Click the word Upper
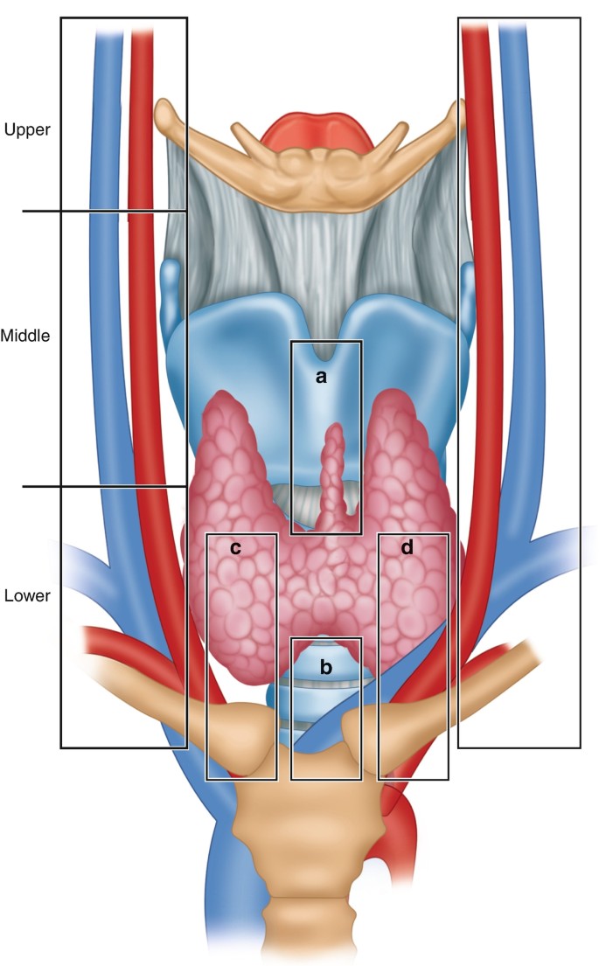(x=27, y=130)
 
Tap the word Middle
(x=26, y=335)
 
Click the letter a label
(x=321, y=377)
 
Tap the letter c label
(x=234, y=548)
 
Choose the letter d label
(x=407, y=548)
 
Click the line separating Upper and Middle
(x=105, y=211)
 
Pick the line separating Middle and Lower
(x=105, y=486)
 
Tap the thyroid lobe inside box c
(x=240, y=612)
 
